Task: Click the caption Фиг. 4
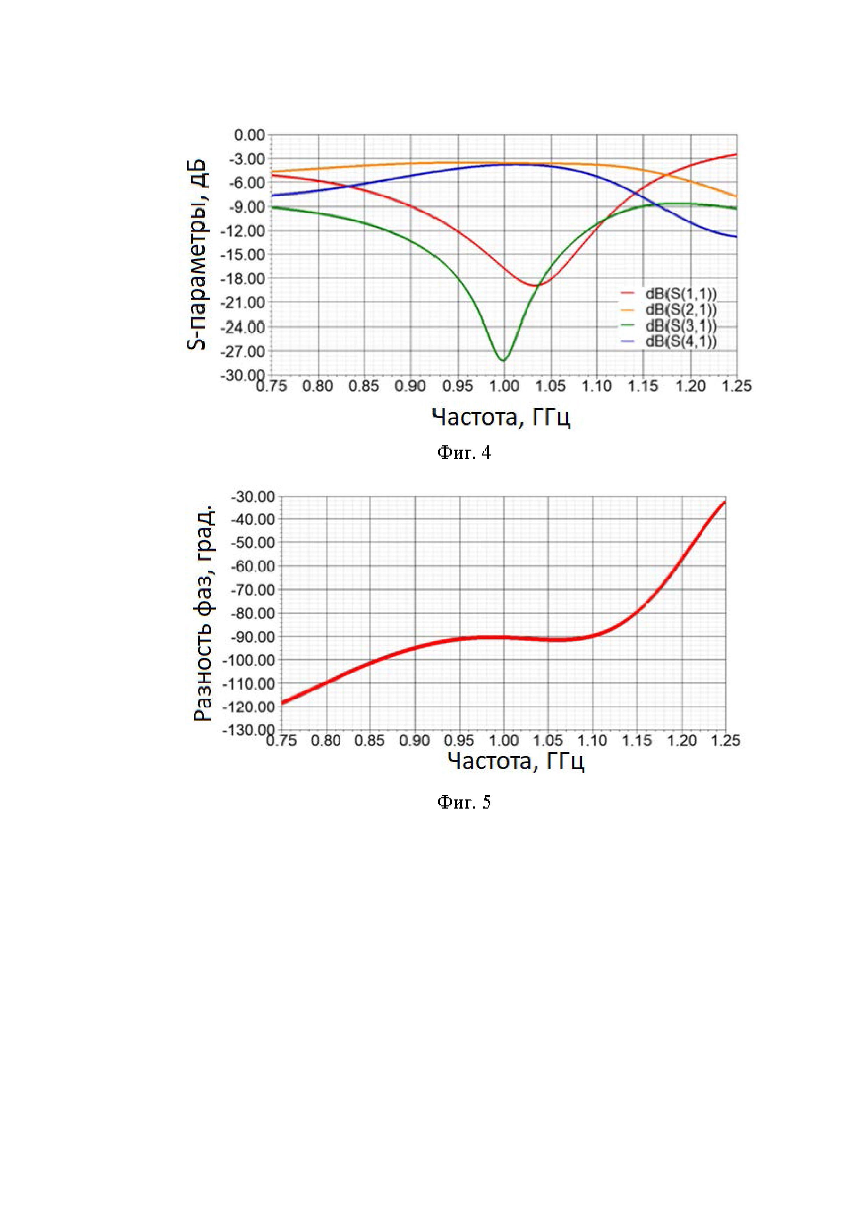click(464, 453)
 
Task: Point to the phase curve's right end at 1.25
click(724, 502)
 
